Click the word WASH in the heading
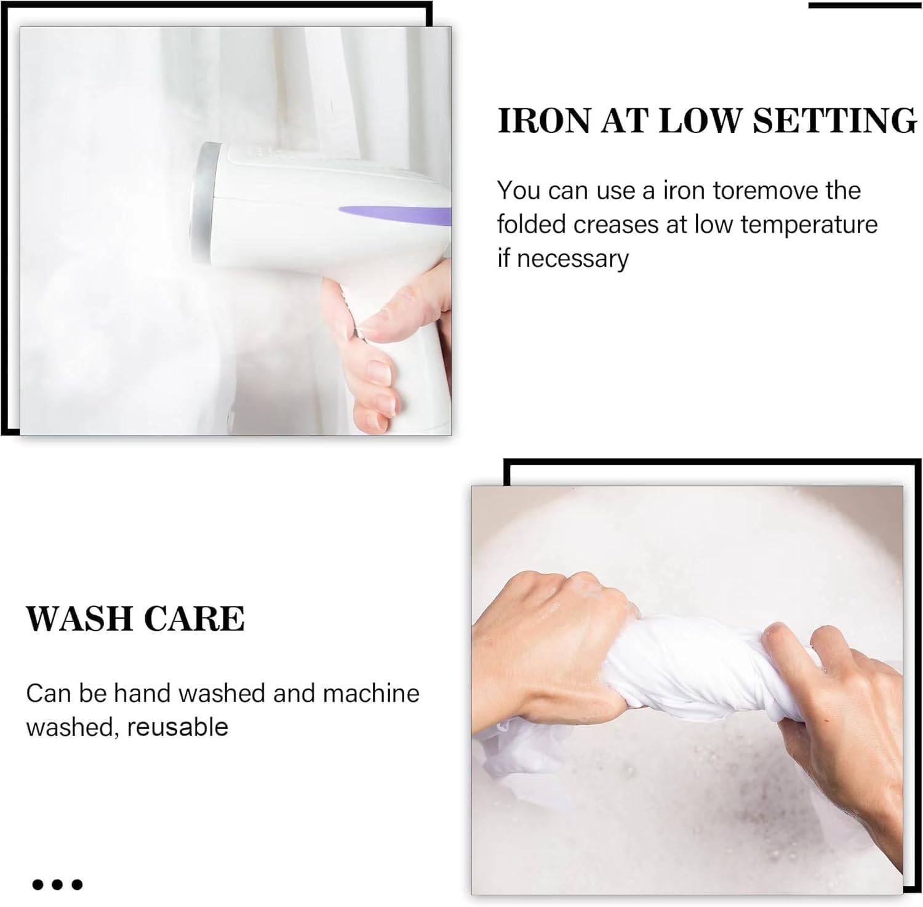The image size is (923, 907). point(74,618)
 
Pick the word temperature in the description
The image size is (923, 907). point(809,225)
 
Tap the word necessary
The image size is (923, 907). point(572,259)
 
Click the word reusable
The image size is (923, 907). point(178,727)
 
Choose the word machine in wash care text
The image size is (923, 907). point(371,693)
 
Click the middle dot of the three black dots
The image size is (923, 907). point(57,885)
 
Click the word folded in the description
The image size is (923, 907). point(532,225)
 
